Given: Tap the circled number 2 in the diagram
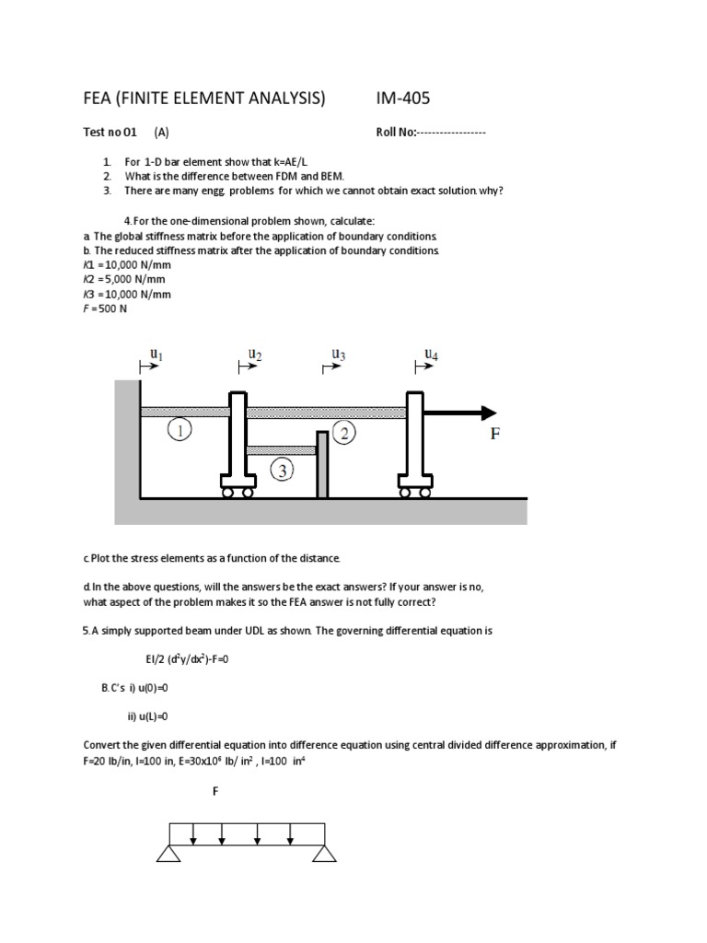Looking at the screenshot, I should [343, 434].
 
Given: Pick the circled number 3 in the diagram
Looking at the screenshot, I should [282, 471].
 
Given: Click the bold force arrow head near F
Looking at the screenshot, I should [487, 413].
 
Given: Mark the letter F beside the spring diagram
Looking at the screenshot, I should [494, 435].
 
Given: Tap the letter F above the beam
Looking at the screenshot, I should [215, 791].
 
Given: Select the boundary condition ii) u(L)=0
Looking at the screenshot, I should [148, 716].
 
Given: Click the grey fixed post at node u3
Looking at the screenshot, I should [322, 464].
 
